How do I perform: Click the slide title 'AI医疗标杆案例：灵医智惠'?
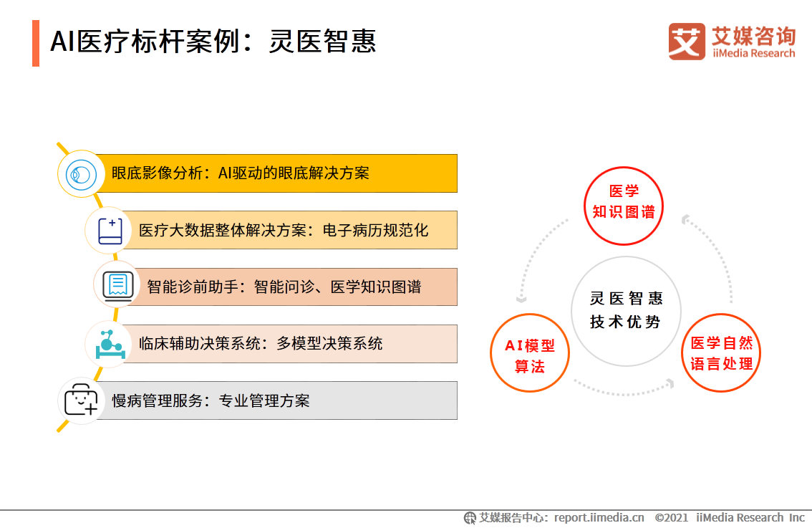coord(213,42)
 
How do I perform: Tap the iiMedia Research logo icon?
coord(686,41)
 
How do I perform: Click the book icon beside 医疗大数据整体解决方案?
coord(110,230)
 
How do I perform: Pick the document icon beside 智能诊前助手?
coord(117,285)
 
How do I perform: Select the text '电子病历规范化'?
coord(376,230)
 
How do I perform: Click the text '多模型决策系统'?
coord(329,343)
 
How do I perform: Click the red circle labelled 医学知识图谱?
coord(624,202)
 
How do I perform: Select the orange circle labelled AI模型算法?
coord(530,355)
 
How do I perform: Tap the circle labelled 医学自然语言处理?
coord(721,353)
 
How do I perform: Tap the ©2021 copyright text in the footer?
coord(671,517)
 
